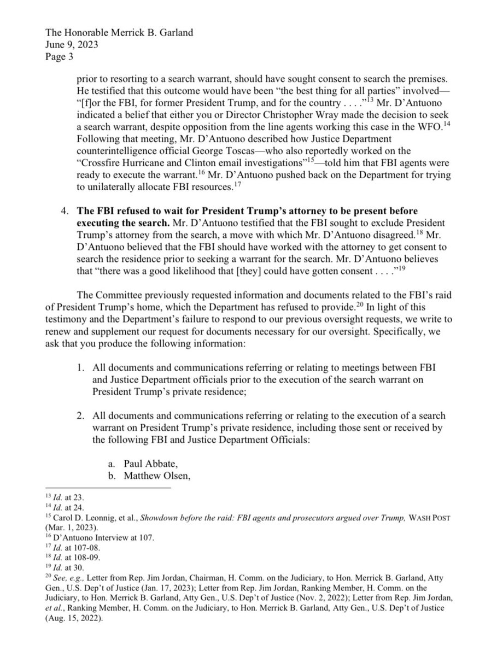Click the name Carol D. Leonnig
[80, 518]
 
